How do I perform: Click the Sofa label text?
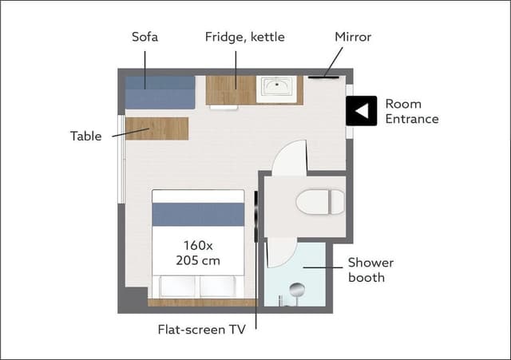145,37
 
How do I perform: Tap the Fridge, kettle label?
245,38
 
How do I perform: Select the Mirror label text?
353,37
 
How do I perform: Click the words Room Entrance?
412,112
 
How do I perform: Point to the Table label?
85,136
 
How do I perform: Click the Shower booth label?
370,270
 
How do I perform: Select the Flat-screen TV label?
202,330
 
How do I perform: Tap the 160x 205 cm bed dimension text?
198,253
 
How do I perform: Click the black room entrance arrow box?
362,111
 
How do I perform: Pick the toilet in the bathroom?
320,202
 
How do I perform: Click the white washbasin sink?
276,89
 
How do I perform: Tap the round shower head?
297,289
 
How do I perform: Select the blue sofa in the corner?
160,93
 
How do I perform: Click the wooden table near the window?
156,129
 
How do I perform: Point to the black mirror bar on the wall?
323,77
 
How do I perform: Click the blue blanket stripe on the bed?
198,215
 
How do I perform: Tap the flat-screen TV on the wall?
256,216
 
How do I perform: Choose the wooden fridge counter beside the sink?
231,90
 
